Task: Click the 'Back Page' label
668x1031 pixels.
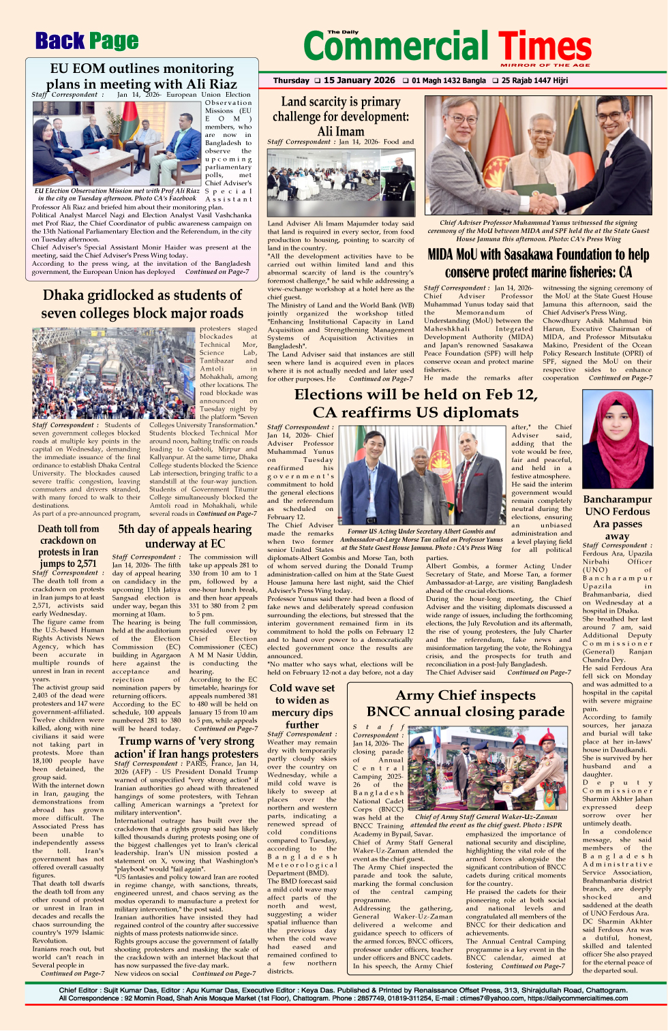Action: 87,42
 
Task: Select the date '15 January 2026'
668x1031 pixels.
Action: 359,80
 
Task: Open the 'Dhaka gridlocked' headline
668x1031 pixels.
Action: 142,304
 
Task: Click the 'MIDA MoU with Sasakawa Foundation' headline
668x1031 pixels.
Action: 538,263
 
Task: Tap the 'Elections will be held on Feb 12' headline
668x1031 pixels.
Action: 415,403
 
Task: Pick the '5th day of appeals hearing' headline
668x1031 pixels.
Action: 185,536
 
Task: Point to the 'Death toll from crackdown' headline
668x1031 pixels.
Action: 68,546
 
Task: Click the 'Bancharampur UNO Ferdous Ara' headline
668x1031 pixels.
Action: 617,517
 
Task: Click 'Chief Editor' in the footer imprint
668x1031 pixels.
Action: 78,990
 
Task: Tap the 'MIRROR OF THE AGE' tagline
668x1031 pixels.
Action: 545,65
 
